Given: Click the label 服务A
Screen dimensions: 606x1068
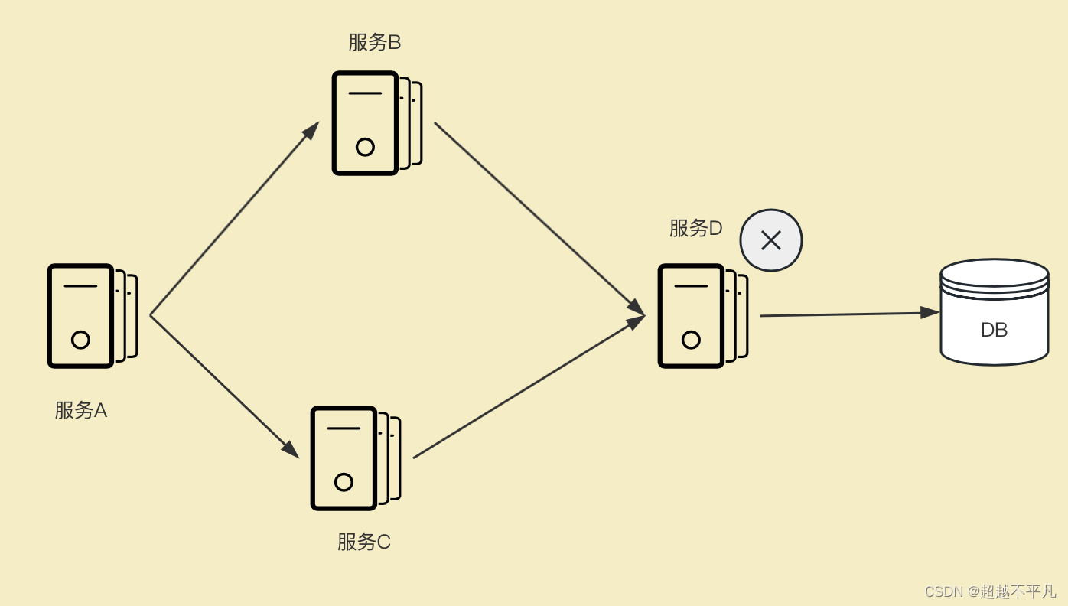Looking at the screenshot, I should click(x=80, y=411).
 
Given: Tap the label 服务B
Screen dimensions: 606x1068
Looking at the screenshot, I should click(x=375, y=42).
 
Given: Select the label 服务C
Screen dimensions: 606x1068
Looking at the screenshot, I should click(x=364, y=542).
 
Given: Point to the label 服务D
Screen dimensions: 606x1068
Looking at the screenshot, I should click(x=695, y=228).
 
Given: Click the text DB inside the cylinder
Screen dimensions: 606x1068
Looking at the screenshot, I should click(x=994, y=330).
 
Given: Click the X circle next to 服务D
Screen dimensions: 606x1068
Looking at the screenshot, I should click(x=771, y=240).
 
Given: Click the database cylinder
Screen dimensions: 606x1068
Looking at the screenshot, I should click(x=994, y=312).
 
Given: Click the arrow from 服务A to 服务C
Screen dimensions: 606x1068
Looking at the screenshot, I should click(x=223, y=386).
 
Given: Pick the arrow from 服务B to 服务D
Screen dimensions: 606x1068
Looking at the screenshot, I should click(x=539, y=218).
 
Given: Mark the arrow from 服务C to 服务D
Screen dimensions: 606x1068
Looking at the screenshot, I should click(x=528, y=387).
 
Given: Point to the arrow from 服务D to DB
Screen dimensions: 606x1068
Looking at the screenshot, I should click(x=849, y=314).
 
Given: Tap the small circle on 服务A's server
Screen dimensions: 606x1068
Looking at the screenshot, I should click(x=80, y=340).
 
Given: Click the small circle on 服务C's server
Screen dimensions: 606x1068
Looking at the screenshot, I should click(x=344, y=482).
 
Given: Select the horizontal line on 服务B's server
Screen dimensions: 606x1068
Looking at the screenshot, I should click(x=365, y=93).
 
